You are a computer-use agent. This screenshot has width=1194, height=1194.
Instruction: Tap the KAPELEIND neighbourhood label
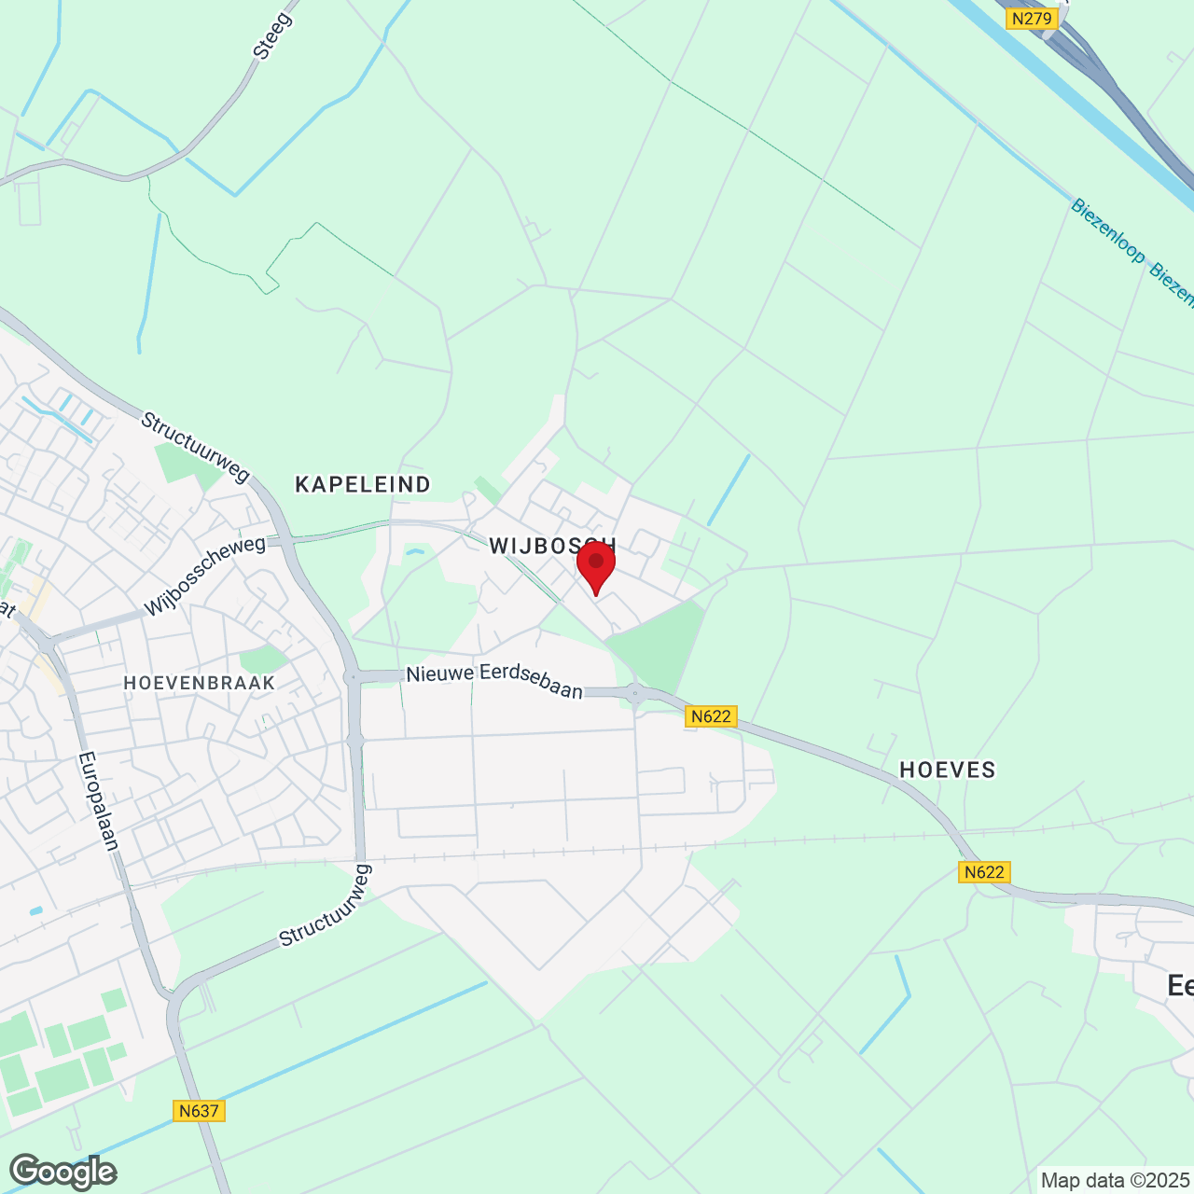point(363,484)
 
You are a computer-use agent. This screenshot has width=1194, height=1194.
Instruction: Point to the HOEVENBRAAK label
point(200,683)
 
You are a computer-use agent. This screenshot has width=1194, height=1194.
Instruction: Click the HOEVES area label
point(948,770)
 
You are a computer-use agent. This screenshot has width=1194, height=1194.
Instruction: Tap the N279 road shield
point(1032,18)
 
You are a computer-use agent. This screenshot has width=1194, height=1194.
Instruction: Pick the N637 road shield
point(199,1111)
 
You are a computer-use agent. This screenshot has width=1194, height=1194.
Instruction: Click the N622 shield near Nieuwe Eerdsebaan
point(711,716)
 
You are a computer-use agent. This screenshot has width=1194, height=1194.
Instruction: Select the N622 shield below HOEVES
point(984,872)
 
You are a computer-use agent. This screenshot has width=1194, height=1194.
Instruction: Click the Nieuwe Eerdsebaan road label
point(494,680)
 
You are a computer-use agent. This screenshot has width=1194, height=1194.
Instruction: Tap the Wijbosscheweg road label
point(205,576)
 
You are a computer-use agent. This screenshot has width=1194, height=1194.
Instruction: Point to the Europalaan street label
point(99,800)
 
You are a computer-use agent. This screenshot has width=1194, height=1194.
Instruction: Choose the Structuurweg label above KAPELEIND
point(195,448)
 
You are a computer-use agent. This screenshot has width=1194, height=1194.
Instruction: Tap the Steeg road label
point(272,36)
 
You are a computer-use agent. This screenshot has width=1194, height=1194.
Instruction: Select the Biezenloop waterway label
point(1107,230)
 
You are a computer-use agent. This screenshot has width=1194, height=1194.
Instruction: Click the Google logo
point(63,1172)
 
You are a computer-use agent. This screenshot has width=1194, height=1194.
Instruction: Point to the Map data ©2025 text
point(1115,1181)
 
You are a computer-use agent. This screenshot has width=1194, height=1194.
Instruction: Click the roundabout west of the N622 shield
point(635,693)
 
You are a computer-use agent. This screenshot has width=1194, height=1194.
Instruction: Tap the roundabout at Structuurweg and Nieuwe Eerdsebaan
point(353,677)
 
